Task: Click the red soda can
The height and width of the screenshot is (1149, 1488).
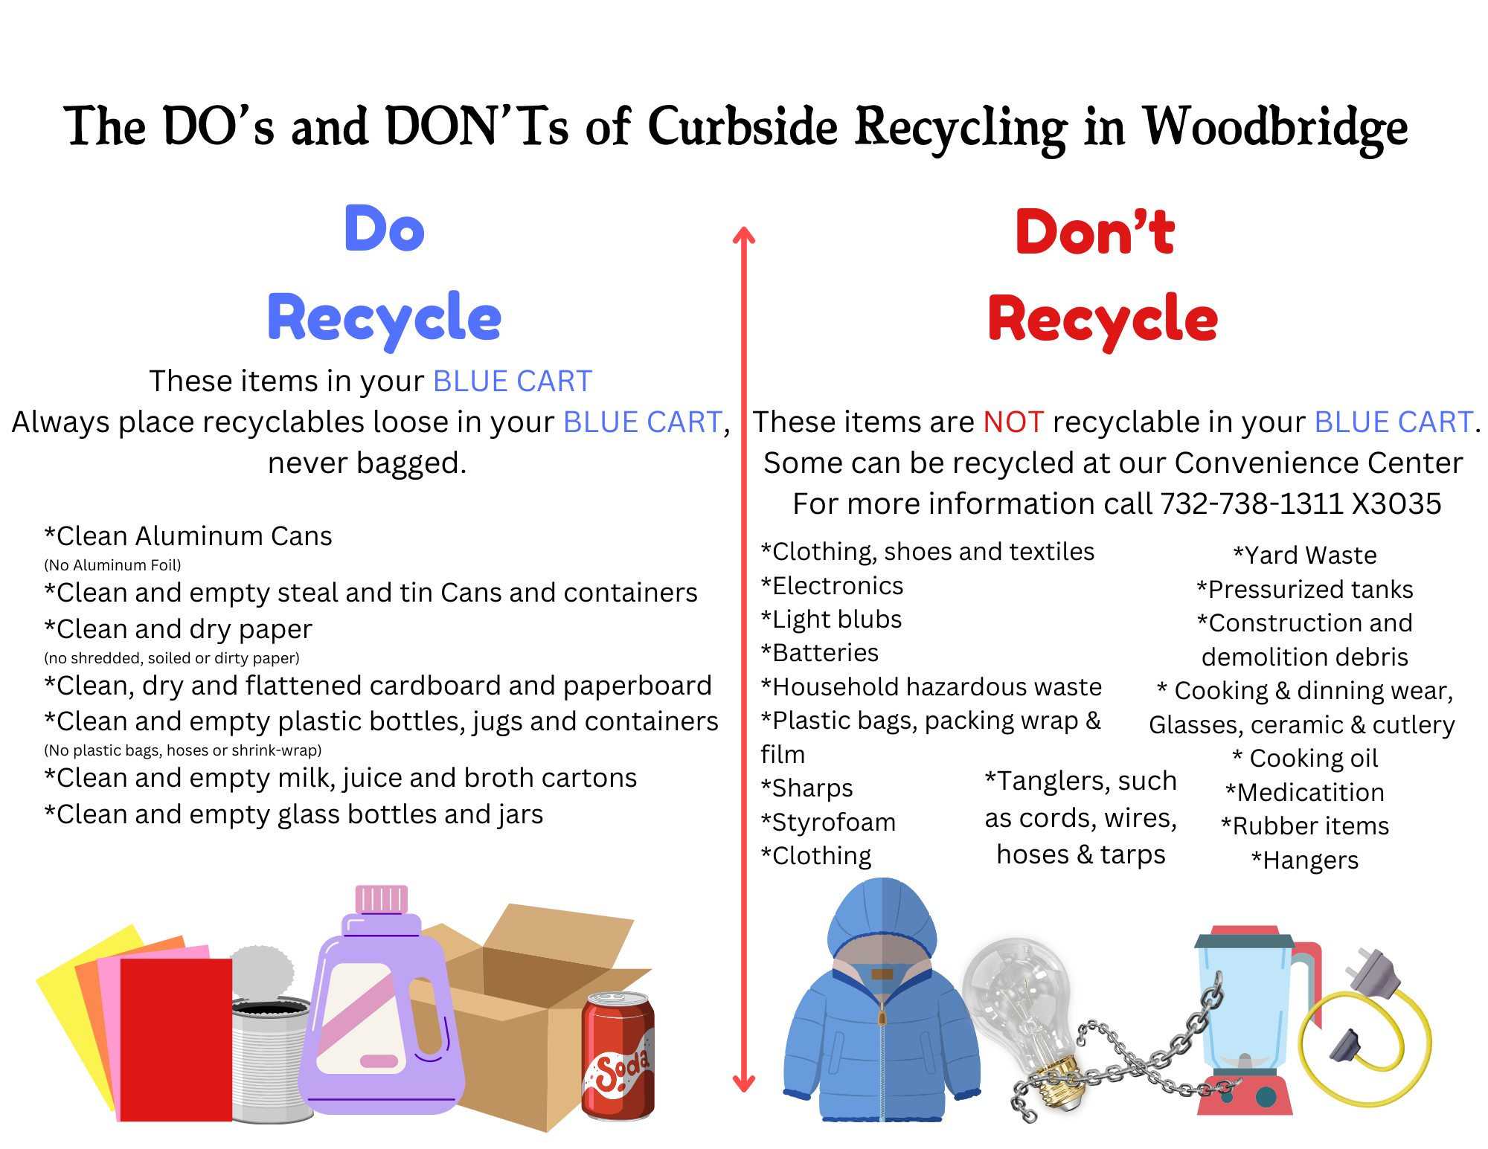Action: tap(618, 1056)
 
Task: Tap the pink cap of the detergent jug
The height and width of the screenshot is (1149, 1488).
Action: tap(382, 899)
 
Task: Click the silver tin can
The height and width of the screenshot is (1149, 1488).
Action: tap(269, 1056)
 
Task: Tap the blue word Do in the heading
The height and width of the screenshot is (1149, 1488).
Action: tap(385, 229)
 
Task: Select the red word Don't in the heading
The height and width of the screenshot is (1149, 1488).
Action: tap(1095, 232)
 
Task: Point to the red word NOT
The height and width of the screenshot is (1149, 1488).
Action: tap(1013, 422)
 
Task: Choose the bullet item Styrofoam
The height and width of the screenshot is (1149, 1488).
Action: tap(829, 823)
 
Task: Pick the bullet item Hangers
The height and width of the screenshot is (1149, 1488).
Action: tap(1305, 860)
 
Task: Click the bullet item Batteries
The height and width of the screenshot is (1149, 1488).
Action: tap(820, 653)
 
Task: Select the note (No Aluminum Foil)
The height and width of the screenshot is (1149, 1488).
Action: tap(113, 565)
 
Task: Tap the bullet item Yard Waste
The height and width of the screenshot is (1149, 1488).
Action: tap(1305, 556)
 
